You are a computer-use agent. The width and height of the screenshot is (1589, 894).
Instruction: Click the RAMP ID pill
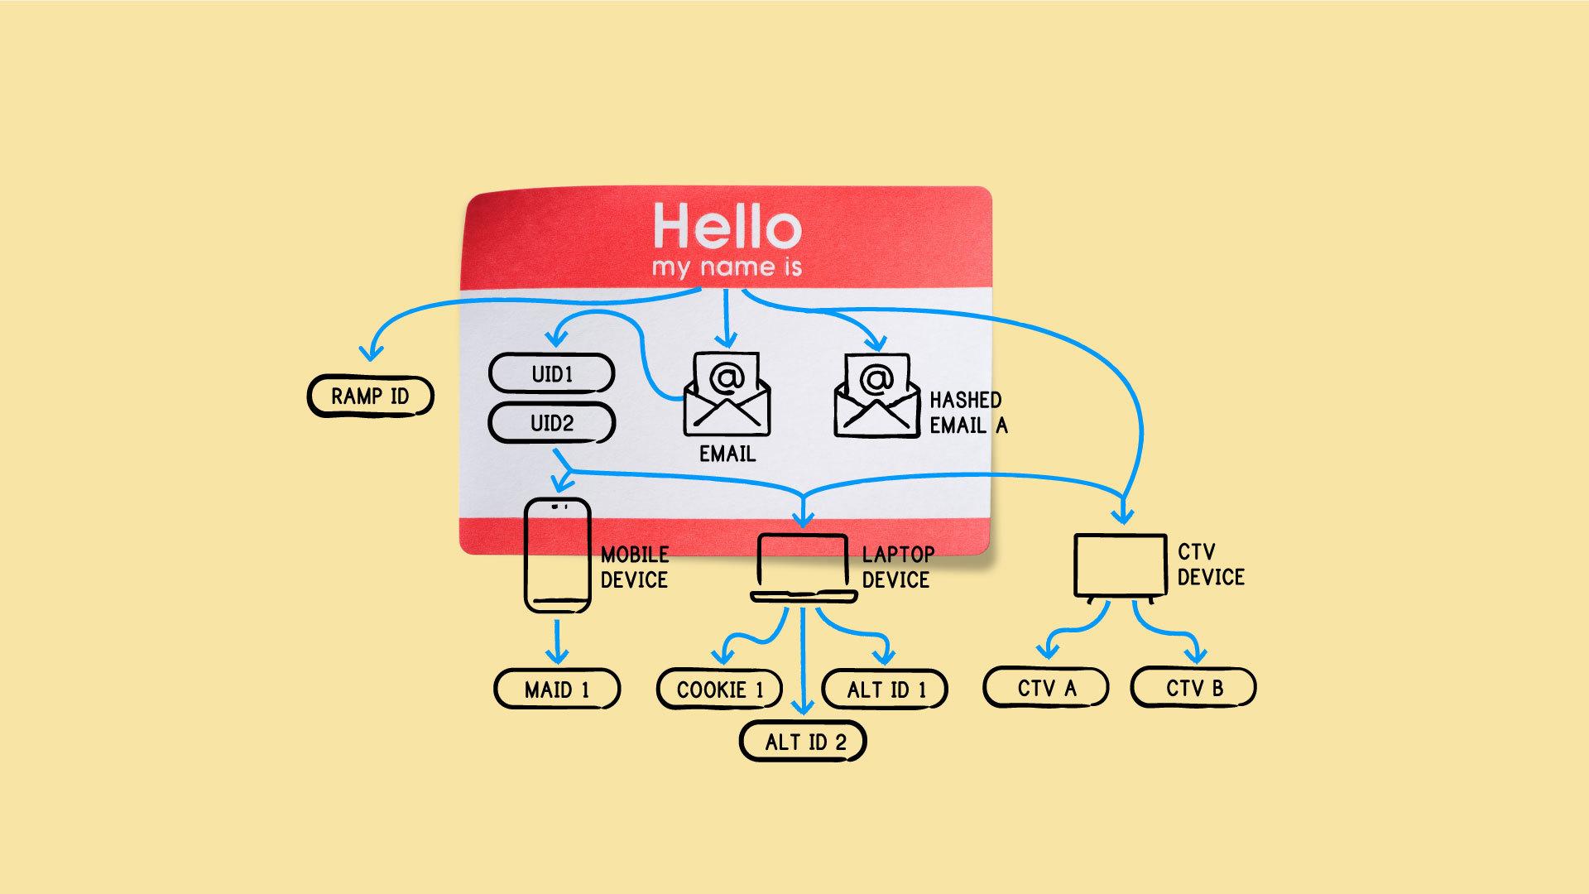370,397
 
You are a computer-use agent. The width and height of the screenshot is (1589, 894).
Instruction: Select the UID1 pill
551,374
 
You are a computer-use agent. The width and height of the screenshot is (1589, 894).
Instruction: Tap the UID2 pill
551,424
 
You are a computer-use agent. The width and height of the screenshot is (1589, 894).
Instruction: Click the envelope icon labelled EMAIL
727,396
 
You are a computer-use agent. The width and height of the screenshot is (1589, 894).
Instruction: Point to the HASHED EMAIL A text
967,412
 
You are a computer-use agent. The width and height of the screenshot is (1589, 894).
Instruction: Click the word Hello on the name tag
727,226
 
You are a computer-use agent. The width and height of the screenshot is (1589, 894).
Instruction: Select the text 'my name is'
727,267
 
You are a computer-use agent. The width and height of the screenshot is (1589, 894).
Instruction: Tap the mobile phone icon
557,555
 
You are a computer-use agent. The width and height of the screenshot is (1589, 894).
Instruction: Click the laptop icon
803,568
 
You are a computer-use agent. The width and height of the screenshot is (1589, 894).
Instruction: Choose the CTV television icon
1120,567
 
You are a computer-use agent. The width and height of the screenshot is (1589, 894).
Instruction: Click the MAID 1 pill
557,690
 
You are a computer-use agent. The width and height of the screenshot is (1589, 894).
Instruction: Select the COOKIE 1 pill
719,690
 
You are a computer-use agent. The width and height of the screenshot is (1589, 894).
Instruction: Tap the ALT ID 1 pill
885,690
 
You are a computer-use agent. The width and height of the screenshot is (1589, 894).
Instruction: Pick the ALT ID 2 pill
803,742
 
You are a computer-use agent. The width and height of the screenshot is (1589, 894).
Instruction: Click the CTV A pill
1046,688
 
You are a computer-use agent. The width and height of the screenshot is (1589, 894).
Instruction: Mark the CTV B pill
1193,688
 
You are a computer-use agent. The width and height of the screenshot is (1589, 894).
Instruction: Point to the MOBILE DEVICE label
634,567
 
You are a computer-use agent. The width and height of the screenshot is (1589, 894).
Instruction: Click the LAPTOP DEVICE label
897,567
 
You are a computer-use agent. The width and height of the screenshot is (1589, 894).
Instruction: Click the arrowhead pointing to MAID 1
558,656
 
